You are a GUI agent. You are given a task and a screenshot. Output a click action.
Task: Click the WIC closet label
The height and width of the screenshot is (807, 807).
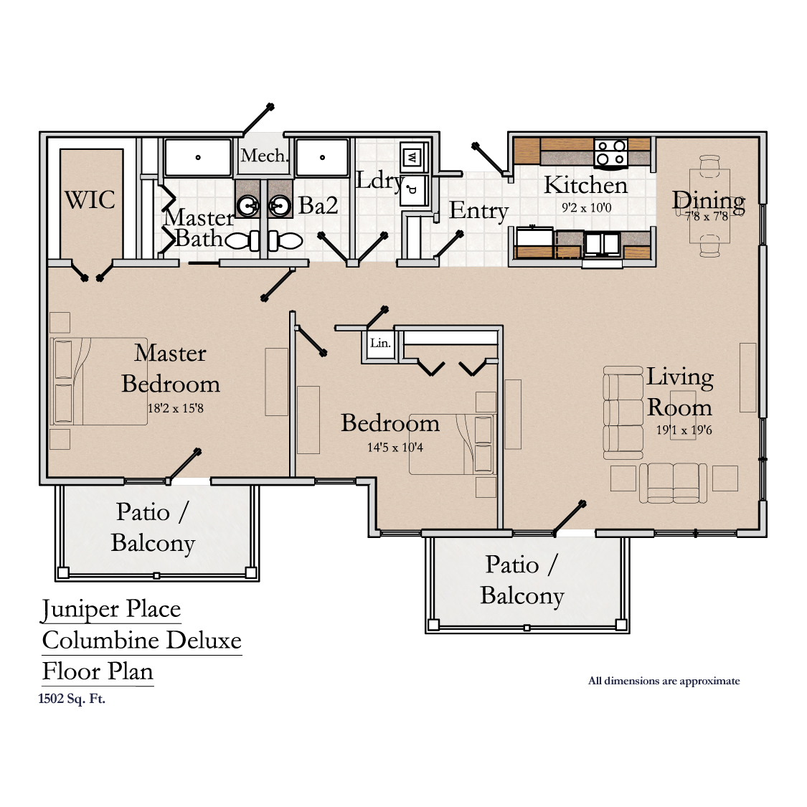click(x=90, y=199)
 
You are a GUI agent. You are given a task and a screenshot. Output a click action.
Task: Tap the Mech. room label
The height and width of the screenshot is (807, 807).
click(x=264, y=155)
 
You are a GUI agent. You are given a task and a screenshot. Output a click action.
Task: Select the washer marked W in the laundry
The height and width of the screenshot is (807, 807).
click(x=412, y=158)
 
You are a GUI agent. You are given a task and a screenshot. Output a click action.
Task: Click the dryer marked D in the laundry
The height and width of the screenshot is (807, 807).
click(x=412, y=190)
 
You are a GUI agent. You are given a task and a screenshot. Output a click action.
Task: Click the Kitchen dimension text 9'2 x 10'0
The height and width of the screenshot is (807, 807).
click(x=586, y=208)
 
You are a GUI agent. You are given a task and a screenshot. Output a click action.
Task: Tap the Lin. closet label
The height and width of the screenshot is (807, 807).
click(x=380, y=343)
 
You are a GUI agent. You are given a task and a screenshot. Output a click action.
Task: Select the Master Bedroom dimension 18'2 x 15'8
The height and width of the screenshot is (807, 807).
click(x=176, y=408)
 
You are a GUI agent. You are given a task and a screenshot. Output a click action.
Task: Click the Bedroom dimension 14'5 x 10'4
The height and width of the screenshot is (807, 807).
click(x=395, y=447)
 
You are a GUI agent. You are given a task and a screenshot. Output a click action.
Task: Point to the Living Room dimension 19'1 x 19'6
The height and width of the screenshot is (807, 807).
click(x=684, y=430)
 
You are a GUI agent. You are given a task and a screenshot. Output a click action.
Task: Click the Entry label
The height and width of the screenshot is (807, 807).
click(x=478, y=210)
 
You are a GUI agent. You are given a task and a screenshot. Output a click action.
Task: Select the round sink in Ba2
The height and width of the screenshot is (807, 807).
click(x=280, y=207)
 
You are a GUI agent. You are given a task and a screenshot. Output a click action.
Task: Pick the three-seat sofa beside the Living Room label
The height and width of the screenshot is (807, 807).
click(x=623, y=412)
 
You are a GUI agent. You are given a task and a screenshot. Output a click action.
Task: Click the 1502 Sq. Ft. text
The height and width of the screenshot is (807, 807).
click(x=72, y=699)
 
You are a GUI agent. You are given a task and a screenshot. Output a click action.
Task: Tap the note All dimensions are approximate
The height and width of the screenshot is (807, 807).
click(x=664, y=681)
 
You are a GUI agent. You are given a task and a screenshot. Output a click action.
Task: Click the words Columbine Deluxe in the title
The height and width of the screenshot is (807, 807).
click(x=141, y=641)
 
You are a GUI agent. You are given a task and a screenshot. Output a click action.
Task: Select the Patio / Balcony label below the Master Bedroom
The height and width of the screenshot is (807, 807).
click(x=153, y=527)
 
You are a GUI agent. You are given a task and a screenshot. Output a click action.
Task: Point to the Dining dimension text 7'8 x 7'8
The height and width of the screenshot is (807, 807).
click(x=706, y=216)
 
